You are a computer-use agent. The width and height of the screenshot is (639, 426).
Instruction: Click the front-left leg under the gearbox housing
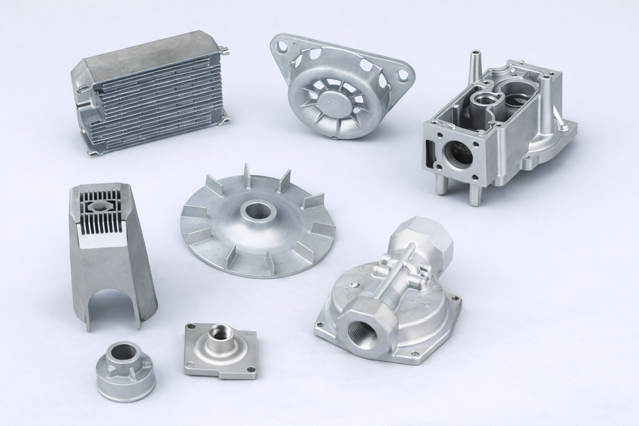coord(441,183)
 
